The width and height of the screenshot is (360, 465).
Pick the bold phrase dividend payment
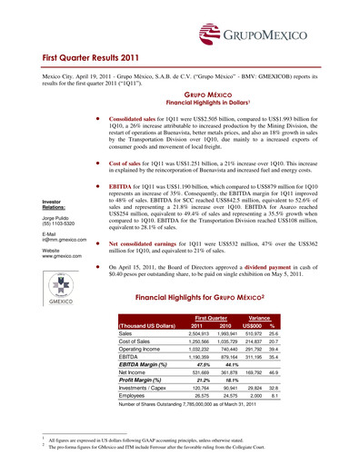point(288,294)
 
